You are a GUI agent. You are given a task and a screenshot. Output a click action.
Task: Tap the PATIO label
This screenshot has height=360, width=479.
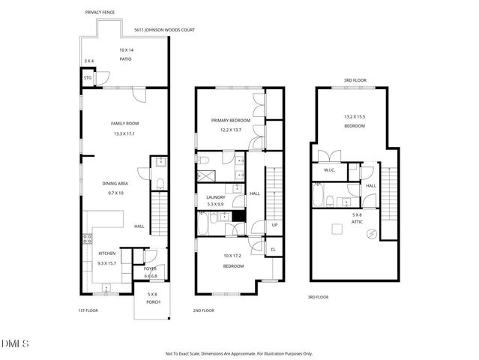tap(125, 58)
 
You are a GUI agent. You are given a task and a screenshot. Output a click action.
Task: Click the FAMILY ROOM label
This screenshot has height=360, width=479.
tap(125, 124)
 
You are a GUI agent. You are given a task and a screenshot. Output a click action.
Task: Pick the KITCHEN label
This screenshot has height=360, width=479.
tap(106, 253)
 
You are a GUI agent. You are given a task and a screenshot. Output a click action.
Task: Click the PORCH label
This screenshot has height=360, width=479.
tap(152, 301)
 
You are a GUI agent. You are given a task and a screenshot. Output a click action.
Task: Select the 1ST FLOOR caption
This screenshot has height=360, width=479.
tap(88, 310)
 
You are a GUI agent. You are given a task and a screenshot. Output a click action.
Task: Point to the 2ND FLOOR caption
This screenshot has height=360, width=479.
tap(203, 310)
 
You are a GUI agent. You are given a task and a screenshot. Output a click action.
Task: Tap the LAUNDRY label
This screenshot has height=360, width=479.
tap(216, 197)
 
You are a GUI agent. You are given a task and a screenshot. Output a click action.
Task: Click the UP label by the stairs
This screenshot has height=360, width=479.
tap(274, 224)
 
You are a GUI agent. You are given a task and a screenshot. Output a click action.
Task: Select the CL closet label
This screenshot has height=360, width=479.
tap(273, 250)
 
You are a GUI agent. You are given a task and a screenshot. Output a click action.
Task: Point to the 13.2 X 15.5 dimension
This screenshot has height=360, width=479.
tap(355, 116)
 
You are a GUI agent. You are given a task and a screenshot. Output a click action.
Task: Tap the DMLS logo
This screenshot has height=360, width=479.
tap(15, 343)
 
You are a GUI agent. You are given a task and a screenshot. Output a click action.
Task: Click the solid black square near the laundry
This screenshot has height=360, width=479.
tap(238, 216)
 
